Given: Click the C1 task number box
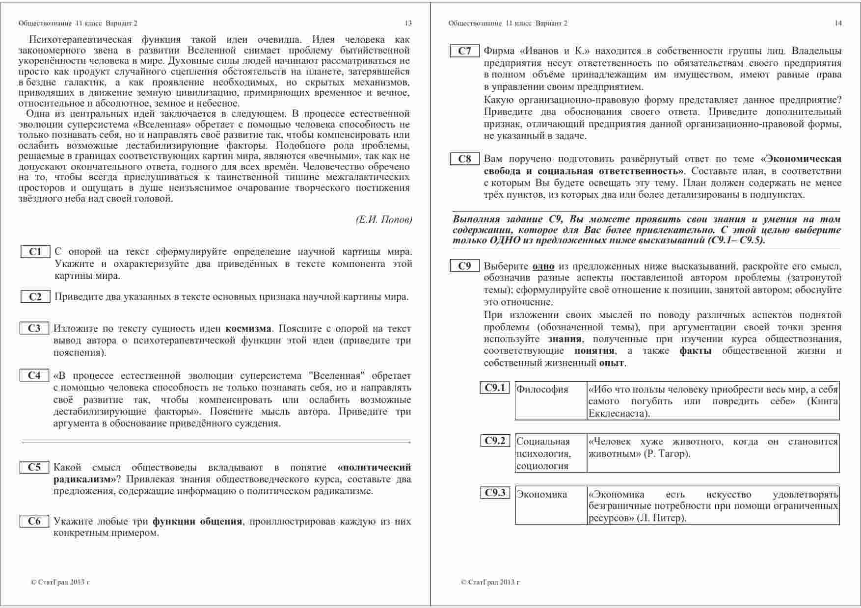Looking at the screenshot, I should [x=35, y=252].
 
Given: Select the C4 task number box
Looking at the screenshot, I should [x=34, y=375].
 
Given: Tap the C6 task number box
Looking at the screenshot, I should [x=34, y=521].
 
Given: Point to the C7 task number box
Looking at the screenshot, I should [x=464, y=51].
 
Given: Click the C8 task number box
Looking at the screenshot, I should [x=464, y=159].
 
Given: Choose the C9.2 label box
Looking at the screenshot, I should [x=495, y=441].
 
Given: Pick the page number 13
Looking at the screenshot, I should [x=408, y=23].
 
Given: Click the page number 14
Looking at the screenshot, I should [x=838, y=23].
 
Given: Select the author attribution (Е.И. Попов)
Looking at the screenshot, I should [x=383, y=220].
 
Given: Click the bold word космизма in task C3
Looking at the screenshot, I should [x=248, y=329].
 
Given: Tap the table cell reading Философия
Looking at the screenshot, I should [x=542, y=390].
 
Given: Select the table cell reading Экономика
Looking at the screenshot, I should [x=541, y=494].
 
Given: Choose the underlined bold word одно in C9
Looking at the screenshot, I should [x=543, y=266].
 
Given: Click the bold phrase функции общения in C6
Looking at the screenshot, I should [x=197, y=521].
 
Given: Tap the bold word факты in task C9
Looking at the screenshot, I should [x=695, y=351].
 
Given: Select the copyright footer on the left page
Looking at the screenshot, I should [x=60, y=582].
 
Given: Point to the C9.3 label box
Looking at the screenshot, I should [x=495, y=493].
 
